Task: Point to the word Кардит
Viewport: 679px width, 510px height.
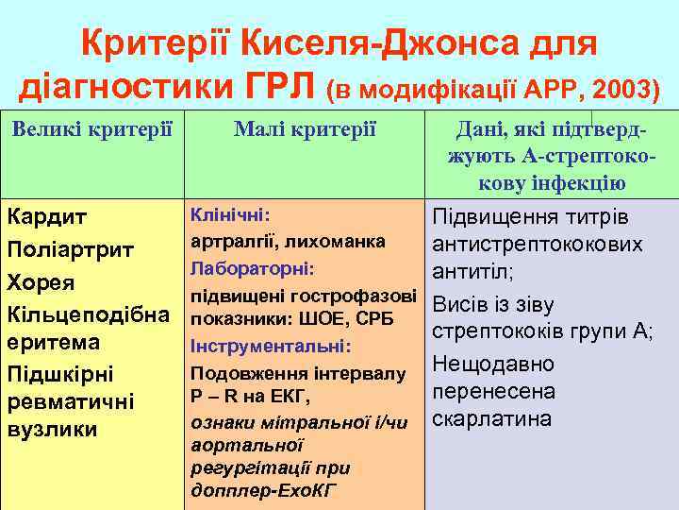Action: tap(48, 217)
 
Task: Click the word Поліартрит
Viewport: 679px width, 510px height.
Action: tap(71, 250)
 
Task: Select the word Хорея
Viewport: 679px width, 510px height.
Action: tap(41, 281)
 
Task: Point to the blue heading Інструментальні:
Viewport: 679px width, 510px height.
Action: tap(272, 347)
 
